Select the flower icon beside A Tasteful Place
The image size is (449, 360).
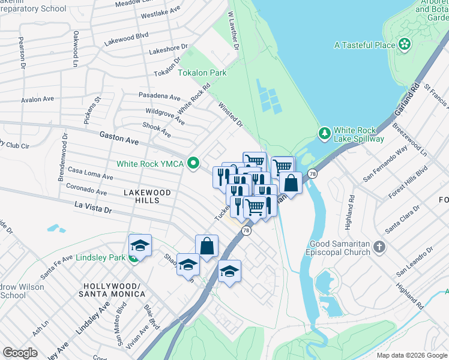pos(405,44)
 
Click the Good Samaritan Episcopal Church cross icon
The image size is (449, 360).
pos(379,247)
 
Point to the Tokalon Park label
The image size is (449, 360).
pos(202,73)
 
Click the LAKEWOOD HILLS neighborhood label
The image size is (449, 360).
pos(147,196)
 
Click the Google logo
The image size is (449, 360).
pos(20,353)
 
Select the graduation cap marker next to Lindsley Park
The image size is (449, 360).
pos(140,245)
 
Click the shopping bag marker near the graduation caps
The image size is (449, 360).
pos(206,246)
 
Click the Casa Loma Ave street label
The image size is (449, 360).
pos(90,173)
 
